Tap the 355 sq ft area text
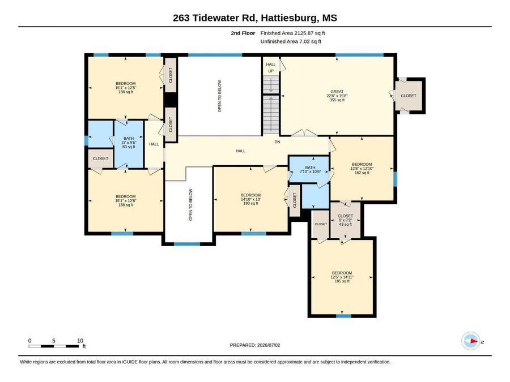(337, 100)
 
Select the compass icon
(471, 341)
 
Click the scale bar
(54, 346)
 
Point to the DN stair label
(277, 142)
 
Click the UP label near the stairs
(271, 71)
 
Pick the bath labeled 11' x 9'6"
(129, 143)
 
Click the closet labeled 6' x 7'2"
(345, 220)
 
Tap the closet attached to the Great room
(408, 96)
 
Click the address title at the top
(255, 18)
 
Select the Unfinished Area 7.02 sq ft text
(291, 41)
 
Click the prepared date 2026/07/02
(255, 345)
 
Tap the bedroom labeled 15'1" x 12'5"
(126, 88)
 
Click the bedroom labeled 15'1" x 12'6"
(126, 201)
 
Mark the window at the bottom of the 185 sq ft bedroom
(344, 316)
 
